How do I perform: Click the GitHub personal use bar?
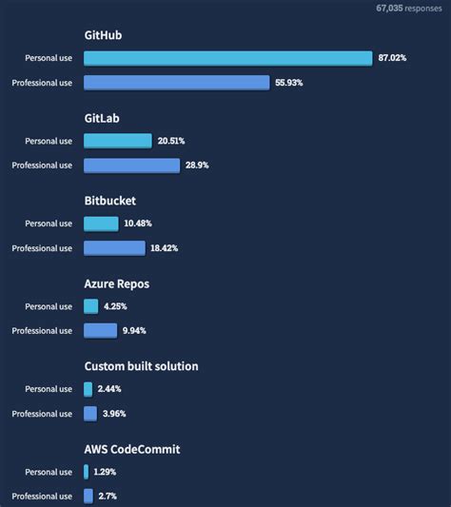point(227,58)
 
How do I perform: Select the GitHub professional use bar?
point(176,83)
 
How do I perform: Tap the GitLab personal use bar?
point(117,141)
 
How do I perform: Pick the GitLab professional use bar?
point(131,166)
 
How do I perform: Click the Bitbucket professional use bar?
point(113,248)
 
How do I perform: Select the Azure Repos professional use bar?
point(100,331)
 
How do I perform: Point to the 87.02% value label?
point(392,58)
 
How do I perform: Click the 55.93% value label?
point(290,83)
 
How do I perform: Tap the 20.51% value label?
point(172,141)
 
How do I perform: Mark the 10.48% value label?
point(138,224)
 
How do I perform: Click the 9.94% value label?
point(134,331)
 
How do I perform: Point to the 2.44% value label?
point(109,389)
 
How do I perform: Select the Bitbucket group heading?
point(110,201)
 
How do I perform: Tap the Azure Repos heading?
point(117,283)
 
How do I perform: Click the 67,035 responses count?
point(409,8)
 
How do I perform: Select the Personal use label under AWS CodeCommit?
point(49,472)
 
